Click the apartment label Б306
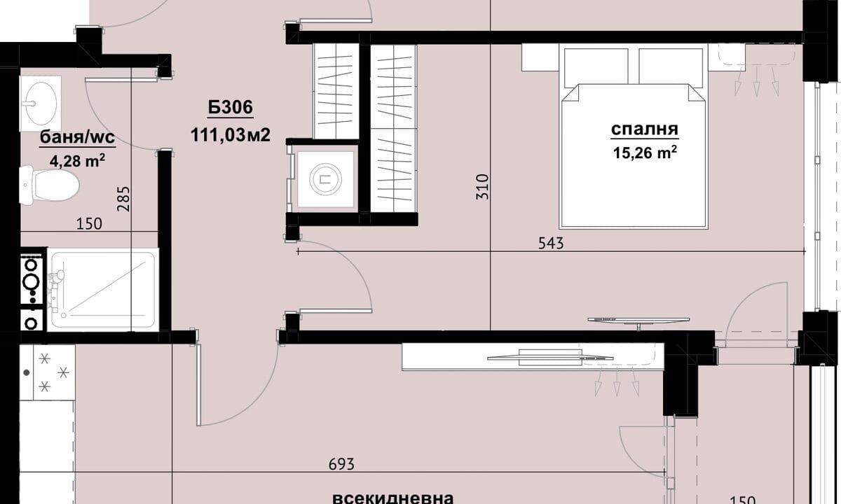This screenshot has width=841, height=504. point(231,107)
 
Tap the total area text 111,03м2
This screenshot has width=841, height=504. point(231,135)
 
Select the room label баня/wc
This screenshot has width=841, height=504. point(77,137)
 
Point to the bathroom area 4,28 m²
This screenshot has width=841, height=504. point(77,161)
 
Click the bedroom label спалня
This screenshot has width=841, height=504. point(645,129)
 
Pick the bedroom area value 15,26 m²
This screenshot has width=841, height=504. point(645,153)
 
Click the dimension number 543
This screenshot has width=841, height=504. point(551,244)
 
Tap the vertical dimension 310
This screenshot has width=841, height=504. point(482,186)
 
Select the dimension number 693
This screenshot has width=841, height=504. point(341,464)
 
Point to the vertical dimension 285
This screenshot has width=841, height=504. point(123,199)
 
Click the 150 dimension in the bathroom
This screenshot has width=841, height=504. point(89,224)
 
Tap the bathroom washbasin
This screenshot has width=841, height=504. point(40,104)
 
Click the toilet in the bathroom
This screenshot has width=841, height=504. point(49,185)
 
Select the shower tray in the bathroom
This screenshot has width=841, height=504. point(102,290)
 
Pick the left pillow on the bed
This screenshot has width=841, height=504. point(596,66)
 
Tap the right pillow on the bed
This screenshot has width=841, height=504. point(671,66)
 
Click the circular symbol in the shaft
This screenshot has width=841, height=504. point(325,180)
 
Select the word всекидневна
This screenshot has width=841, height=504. point(392,498)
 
